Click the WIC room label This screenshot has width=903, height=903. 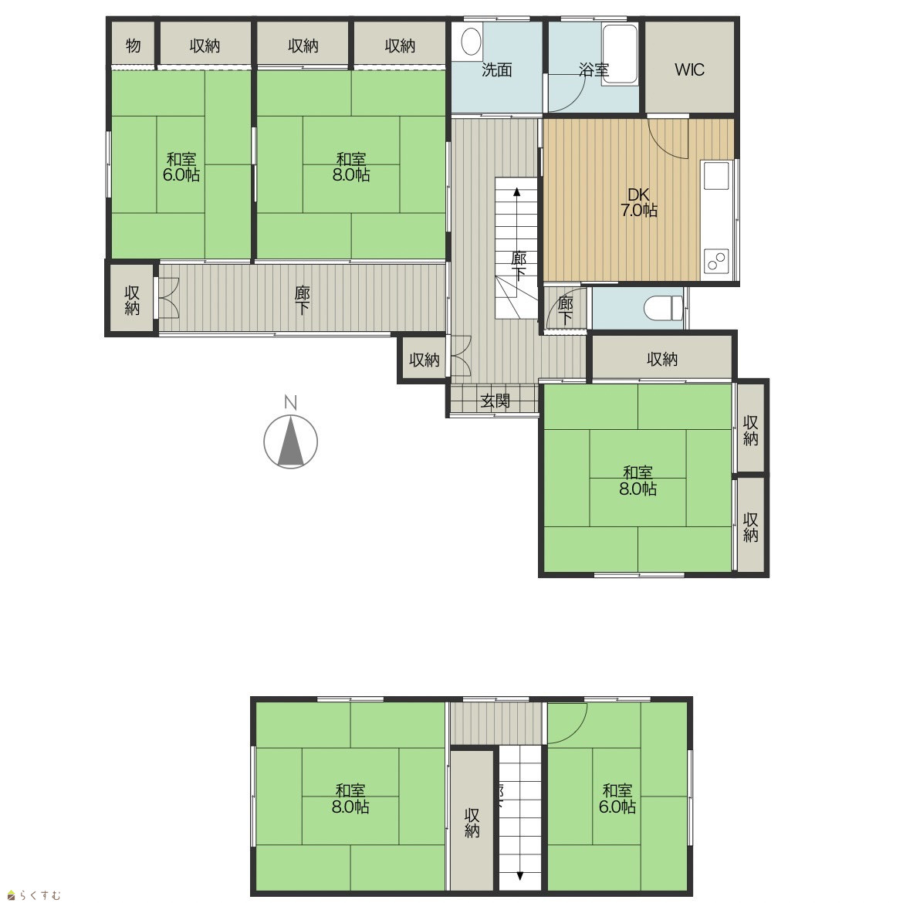(x=689, y=69)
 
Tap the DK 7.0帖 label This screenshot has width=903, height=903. (x=639, y=203)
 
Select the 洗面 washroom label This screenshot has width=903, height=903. (x=496, y=69)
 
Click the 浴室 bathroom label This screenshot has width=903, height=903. (x=594, y=69)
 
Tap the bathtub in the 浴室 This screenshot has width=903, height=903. (x=620, y=55)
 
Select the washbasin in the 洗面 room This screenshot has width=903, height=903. (x=471, y=42)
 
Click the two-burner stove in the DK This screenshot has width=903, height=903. (x=716, y=262)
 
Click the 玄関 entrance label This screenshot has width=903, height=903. (x=495, y=401)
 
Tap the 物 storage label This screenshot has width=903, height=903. (x=133, y=45)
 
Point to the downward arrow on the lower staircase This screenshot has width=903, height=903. (x=519, y=859)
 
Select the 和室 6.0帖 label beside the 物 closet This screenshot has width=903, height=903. (x=181, y=167)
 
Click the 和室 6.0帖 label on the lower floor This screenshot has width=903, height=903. (x=617, y=798)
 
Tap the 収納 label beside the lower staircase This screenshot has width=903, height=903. (x=472, y=823)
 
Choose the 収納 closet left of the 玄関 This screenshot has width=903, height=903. (x=424, y=360)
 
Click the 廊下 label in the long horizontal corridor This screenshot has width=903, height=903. (x=303, y=300)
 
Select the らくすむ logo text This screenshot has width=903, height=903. (x=35, y=895)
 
